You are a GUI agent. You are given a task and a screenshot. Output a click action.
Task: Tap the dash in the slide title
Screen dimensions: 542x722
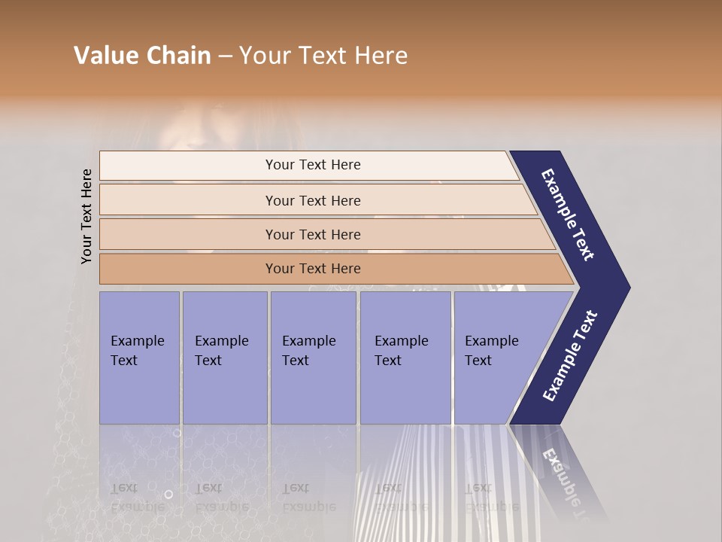tap(225, 56)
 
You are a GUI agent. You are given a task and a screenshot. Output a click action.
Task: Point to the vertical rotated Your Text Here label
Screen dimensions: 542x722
tap(86, 216)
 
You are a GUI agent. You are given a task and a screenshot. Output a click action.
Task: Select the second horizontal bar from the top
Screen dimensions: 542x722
tap(312, 200)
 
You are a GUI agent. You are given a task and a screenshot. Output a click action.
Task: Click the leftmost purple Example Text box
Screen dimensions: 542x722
tap(139, 358)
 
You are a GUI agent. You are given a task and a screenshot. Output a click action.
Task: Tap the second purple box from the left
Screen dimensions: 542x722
tap(225, 358)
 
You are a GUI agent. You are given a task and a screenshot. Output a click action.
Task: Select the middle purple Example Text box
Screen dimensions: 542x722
tap(313, 358)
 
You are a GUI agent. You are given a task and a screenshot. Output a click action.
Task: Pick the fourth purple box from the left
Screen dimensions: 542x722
tap(405, 358)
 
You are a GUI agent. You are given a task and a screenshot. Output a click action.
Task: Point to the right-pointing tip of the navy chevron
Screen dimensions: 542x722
tap(626, 288)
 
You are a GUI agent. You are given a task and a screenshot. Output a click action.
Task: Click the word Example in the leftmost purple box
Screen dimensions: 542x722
tap(137, 341)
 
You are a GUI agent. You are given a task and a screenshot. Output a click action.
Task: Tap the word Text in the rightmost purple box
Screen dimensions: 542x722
tap(478, 361)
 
